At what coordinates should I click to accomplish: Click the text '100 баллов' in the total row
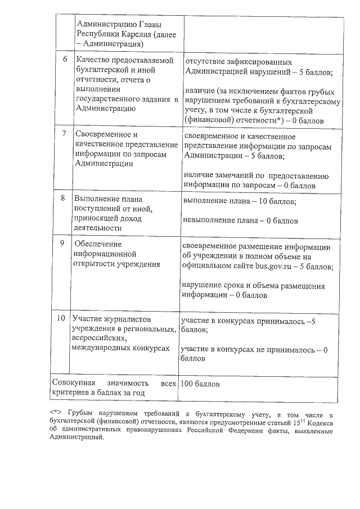[200, 384]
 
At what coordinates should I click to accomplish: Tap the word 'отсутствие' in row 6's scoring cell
[205, 61]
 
